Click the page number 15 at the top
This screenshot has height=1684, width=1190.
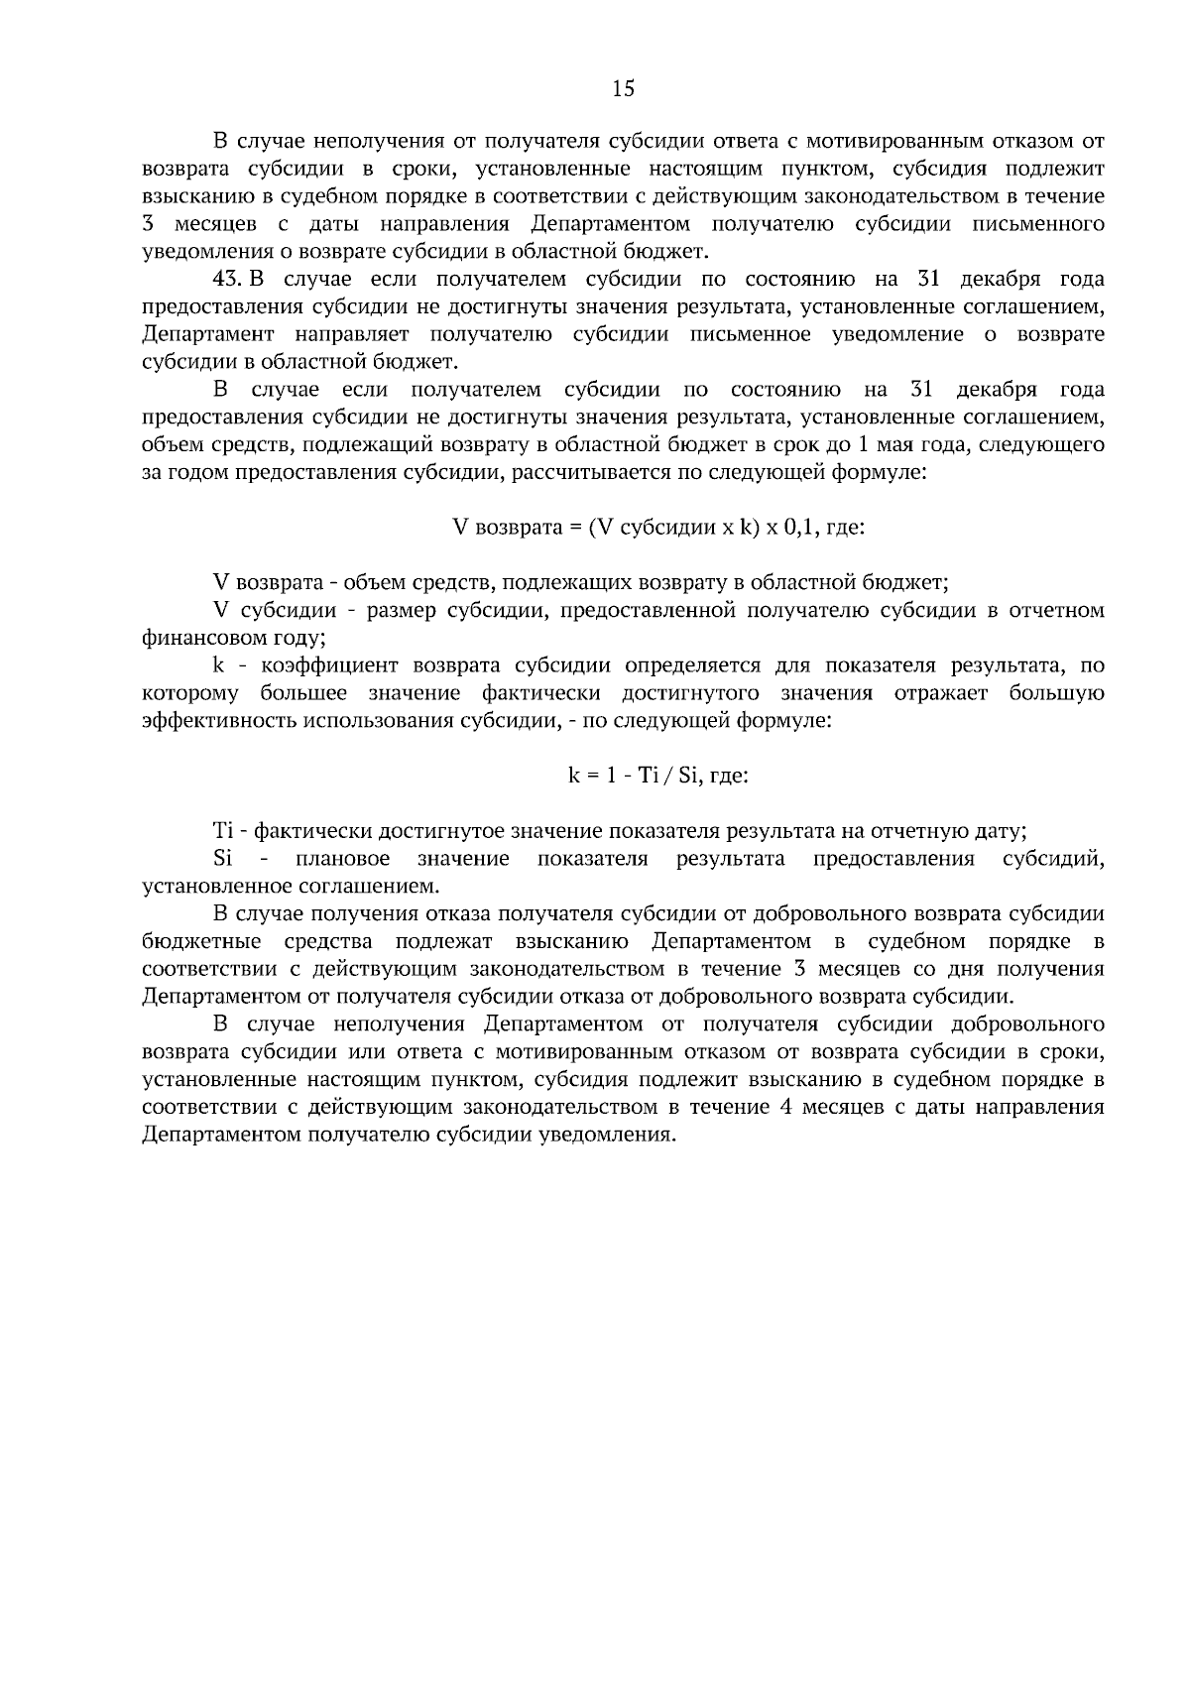click(x=623, y=88)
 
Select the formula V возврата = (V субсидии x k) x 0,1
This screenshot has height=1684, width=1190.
click(x=658, y=528)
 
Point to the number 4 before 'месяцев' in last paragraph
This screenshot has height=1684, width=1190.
click(x=784, y=1107)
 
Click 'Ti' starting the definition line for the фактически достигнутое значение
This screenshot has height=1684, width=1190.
click(x=222, y=831)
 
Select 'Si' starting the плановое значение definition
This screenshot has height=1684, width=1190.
click(x=222, y=858)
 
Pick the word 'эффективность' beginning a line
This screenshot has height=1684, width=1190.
click(x=207, y=720)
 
